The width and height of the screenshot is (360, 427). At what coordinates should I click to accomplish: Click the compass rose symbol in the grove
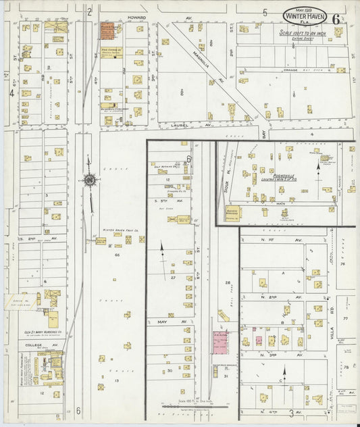click(88, 180)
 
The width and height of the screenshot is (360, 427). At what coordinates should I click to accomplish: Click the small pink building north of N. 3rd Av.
click(257, 341)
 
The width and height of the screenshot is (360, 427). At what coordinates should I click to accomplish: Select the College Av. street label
click(33, 345)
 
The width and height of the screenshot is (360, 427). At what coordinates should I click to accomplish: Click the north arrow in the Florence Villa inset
click(317, 168)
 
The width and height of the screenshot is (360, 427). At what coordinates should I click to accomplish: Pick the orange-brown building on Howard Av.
click(108, 31)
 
